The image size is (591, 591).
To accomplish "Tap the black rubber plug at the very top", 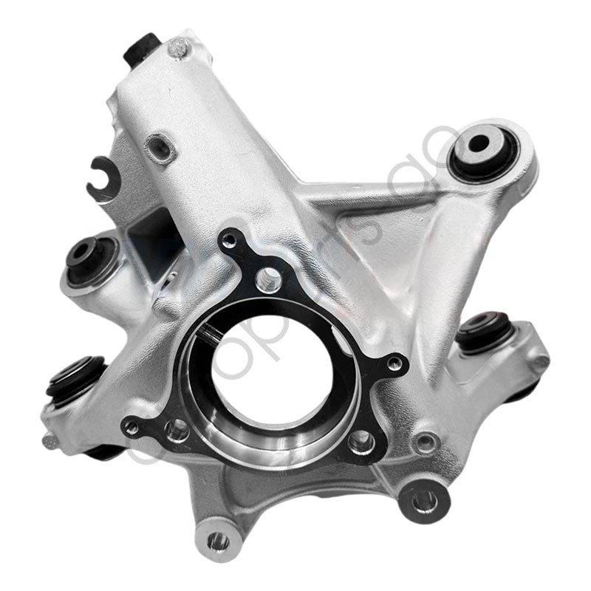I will [143, 49].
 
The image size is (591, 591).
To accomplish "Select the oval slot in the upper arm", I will [160, 148].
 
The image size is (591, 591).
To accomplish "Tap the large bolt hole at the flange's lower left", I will [177, 428].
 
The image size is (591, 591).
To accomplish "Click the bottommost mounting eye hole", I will [217, 542].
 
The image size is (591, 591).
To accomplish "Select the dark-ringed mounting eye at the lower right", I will [426, 502].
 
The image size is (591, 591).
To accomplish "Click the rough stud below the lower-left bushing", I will [50, 441].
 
